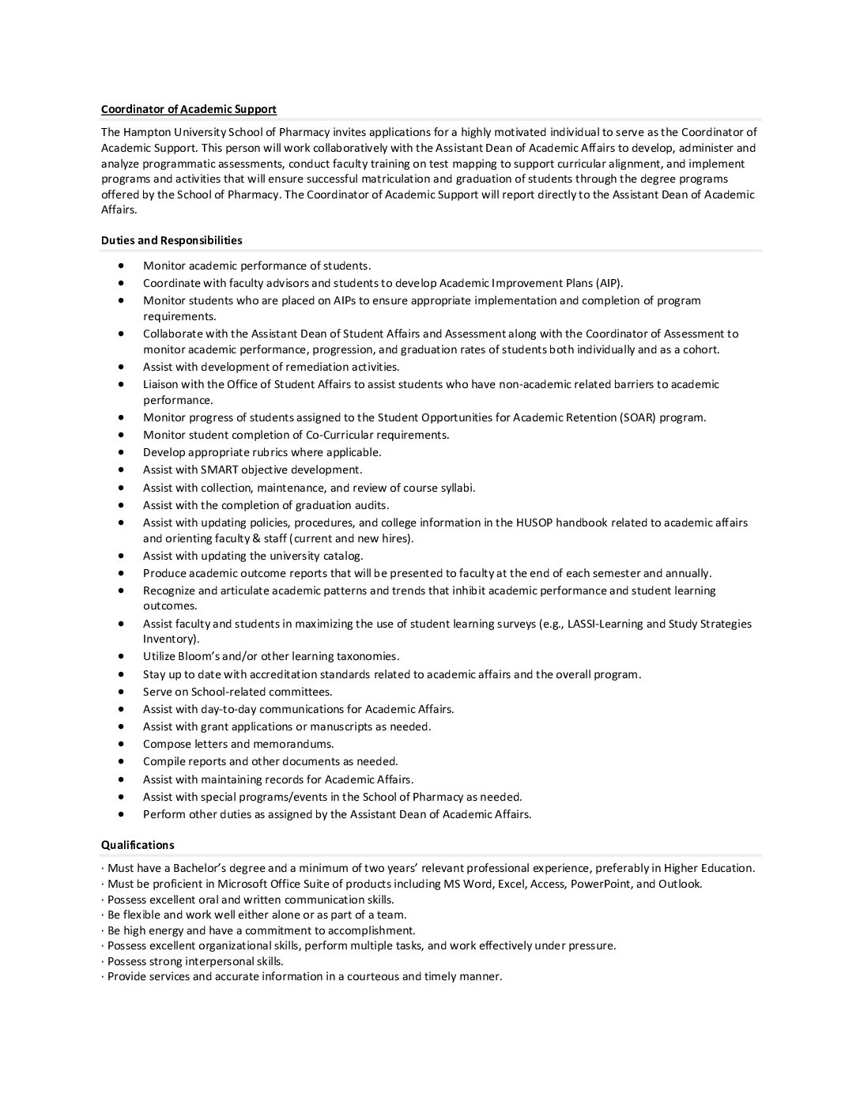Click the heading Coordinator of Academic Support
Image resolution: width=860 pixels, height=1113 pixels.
point(188,109)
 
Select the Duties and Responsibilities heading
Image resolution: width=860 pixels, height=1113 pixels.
point(172,240)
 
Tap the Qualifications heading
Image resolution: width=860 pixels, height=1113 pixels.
point(138,845)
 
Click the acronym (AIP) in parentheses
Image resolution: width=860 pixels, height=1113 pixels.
point(608,283)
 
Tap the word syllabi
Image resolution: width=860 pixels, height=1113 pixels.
point(455,488)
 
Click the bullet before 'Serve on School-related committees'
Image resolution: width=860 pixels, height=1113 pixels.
point(121,692)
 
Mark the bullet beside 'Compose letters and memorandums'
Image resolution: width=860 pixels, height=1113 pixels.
point(121,744)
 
